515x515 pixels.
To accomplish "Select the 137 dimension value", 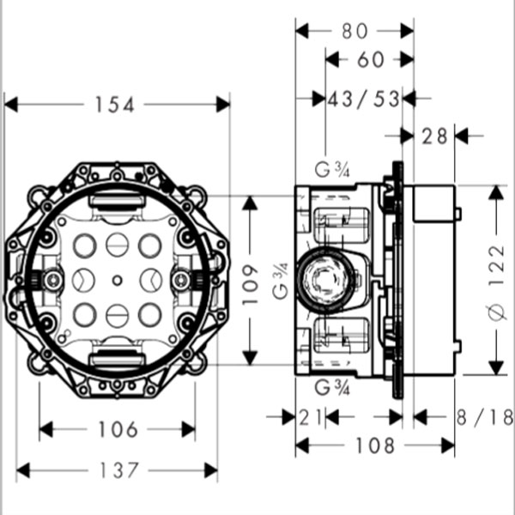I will [x=118, y=470].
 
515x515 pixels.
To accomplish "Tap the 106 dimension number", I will [x=118, y=429].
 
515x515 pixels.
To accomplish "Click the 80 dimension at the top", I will [x=354, y=31].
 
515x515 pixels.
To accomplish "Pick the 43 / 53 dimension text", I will [x=364, y=99].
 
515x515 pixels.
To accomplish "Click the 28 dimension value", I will [x=435, y=136].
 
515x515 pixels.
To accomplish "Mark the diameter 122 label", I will [x=495, y=281].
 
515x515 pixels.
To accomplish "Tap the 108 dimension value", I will [x=375, y=445].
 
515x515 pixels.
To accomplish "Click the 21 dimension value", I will [x=312, y=418].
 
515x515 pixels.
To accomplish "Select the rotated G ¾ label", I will [x=280, y=281].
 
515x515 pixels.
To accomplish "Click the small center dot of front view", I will [x=117, y=280].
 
